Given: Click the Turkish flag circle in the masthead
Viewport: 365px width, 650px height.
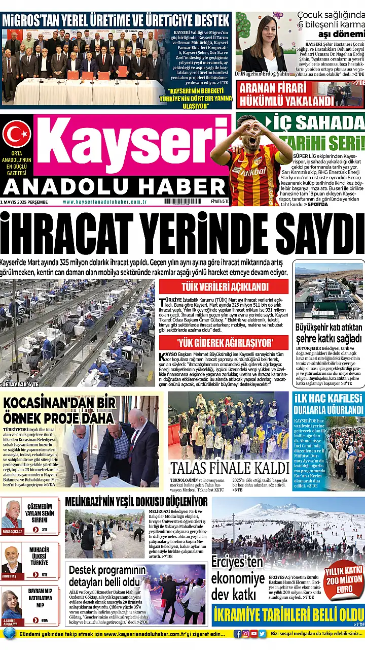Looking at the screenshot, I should point(17,134).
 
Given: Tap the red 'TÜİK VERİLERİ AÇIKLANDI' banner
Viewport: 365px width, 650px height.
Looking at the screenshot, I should point(224,286).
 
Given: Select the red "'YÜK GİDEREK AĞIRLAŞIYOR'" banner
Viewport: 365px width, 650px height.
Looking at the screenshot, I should point(224,342).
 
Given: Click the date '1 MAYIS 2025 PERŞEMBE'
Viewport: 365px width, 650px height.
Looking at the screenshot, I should point(24,202).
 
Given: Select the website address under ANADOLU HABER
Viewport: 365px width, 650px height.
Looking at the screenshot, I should point(105,202).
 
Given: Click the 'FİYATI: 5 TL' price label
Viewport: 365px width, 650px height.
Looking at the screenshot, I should point(220,202).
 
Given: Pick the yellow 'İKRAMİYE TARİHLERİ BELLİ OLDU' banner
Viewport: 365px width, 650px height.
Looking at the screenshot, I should point(288,614).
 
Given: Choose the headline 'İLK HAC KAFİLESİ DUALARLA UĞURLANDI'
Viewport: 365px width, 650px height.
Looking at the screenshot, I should point(328,404).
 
